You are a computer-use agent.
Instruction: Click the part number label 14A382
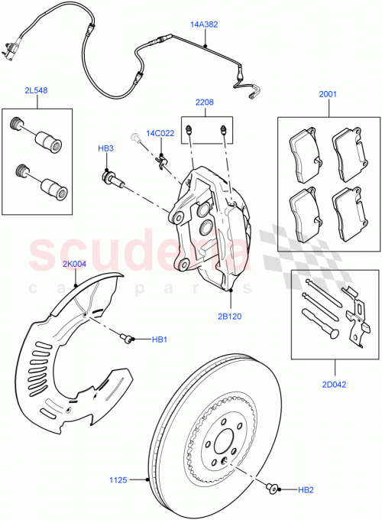pos(204,24)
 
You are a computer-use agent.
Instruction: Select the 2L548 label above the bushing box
pos(36,90)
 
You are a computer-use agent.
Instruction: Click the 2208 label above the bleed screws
pos(204,101)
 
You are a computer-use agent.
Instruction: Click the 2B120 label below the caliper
pos(230,314)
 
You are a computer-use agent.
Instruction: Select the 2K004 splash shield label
pos(76,265)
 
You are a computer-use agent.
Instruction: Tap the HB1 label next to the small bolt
pos(160,340)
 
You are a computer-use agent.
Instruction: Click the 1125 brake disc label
pos(119,480)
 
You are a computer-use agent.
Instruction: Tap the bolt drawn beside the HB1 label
pos(128,337)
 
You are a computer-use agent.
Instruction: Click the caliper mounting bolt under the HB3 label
pos(112,177)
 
